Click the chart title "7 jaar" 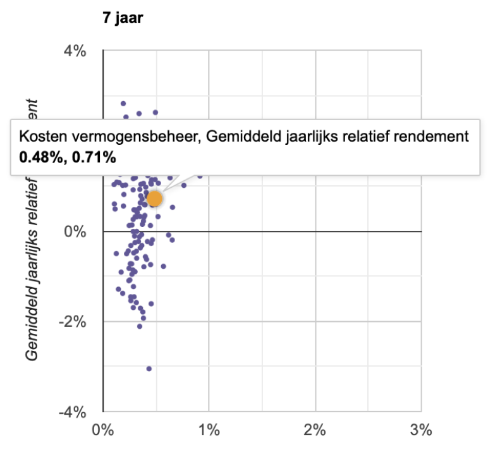(x=123, y=18)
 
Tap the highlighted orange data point (x=154, y=199)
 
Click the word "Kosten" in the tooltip (x=39, y=137)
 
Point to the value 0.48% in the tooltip (x=39, y=154)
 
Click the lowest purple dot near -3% (x=149, y=369)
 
